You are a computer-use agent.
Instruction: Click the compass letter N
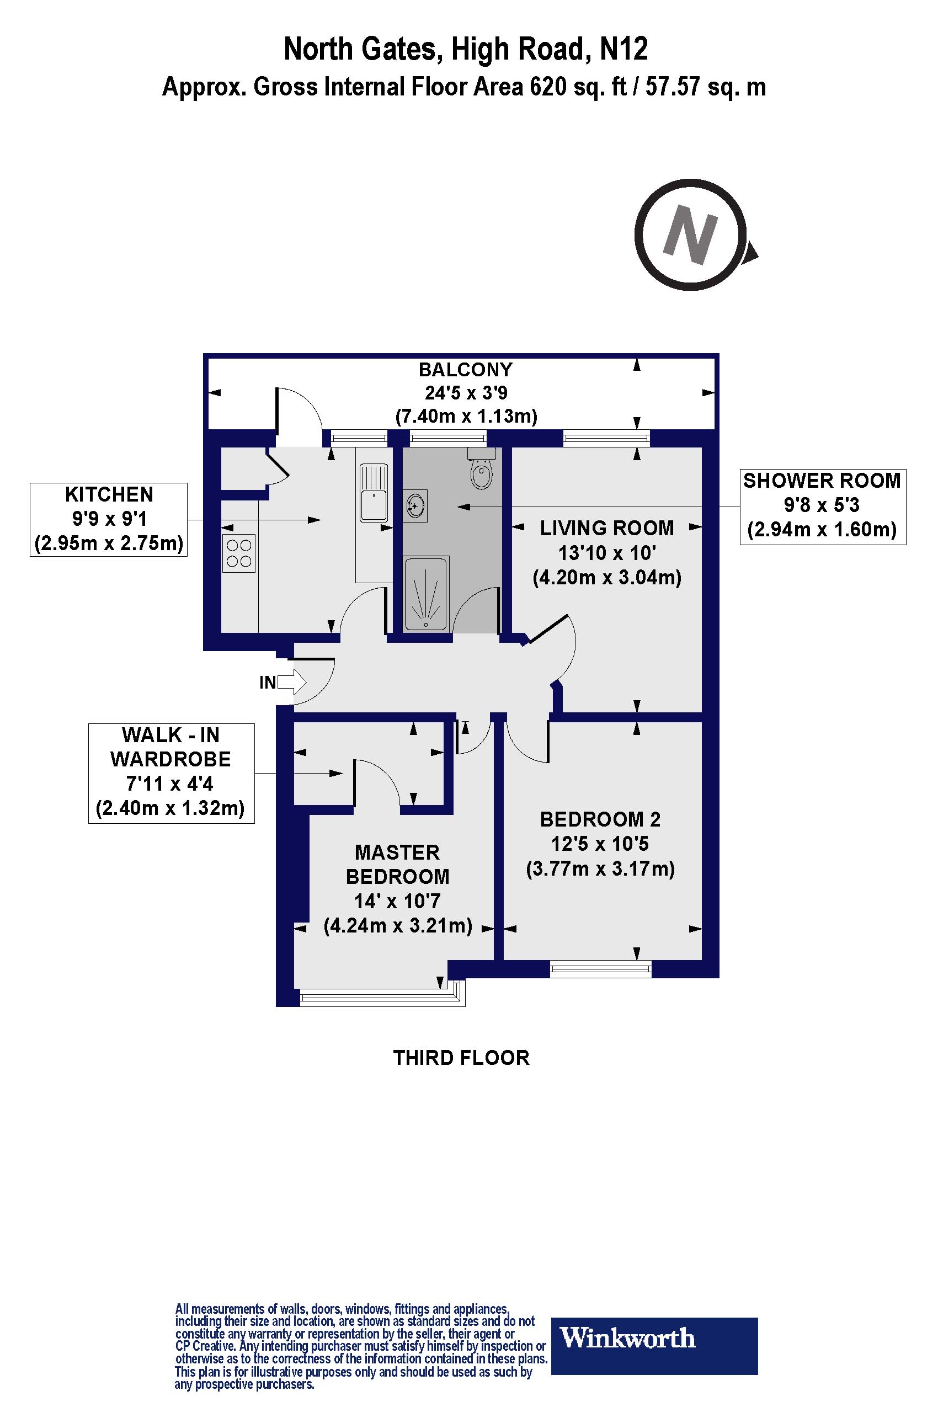(x=690, y=234)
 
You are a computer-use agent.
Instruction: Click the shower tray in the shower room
(x=426, y=594)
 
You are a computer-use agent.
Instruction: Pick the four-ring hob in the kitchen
(x=239, y=553)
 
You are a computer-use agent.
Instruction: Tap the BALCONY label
(x=465, y=370)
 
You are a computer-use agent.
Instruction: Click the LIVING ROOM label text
(x=606, y=528)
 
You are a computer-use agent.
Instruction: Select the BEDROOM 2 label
(x=600, y=819)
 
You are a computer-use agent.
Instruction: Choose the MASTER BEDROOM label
(x=397, y=864)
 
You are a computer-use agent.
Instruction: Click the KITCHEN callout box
(x=109, y=519)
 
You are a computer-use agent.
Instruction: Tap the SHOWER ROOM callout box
(x=823, y=506)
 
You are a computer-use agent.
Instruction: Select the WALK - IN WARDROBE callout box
(x=171, y=772)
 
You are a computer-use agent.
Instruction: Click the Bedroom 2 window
(x=600, y=968)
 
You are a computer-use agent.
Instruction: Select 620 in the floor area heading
(x=547, y=87)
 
